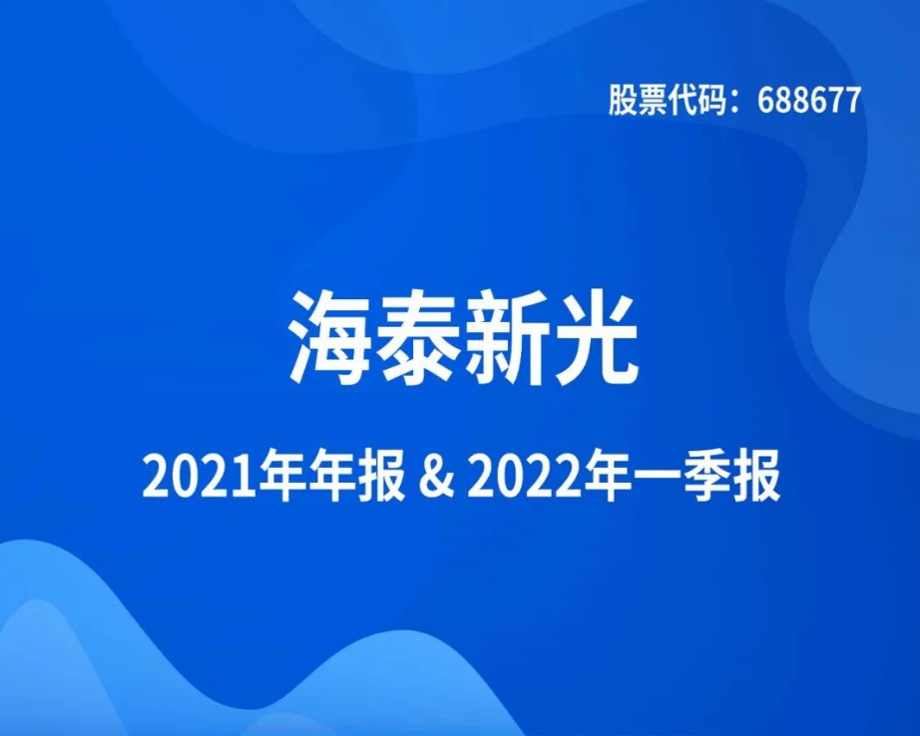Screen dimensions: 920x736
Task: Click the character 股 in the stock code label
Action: coord(622,101)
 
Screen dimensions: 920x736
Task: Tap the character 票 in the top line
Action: coord(652,101)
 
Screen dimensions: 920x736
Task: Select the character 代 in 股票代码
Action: coord(682,101)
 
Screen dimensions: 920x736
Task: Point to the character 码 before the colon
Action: coord(711,101)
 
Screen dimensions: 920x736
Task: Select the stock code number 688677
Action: coord(809,101)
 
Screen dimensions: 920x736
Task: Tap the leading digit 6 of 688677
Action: coord(765,101)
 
